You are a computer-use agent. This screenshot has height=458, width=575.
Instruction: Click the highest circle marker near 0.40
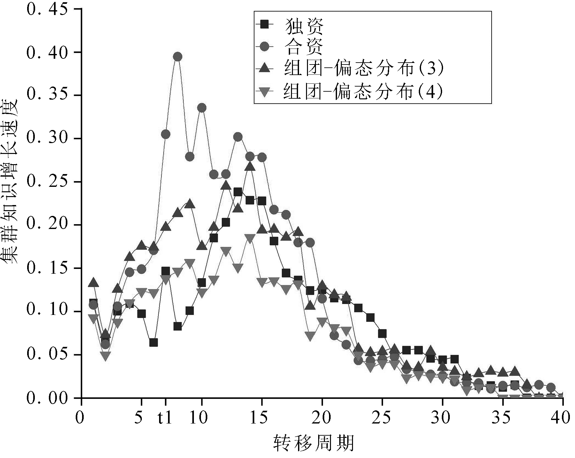pyautogui.click(x=178, y=57)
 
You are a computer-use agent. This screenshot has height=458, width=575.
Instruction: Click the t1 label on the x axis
pyautogui.click(x=165, y=418)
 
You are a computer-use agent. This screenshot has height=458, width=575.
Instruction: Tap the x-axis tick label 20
pyautogui.click(x=322, y=418)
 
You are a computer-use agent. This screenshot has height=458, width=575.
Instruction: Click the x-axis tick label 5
pyautogui.click(x=139, y=418)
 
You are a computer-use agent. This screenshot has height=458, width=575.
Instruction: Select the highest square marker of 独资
pyautogui.click(x=238, y=192)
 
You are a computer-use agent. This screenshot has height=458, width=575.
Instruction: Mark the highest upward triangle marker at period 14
pyautogui.click(x=250, y=166)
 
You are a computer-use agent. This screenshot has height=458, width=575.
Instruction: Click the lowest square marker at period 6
pyautogui.click(x=153, y=342)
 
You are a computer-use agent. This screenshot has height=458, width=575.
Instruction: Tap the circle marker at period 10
pyautogui.click(x=202, y=108)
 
